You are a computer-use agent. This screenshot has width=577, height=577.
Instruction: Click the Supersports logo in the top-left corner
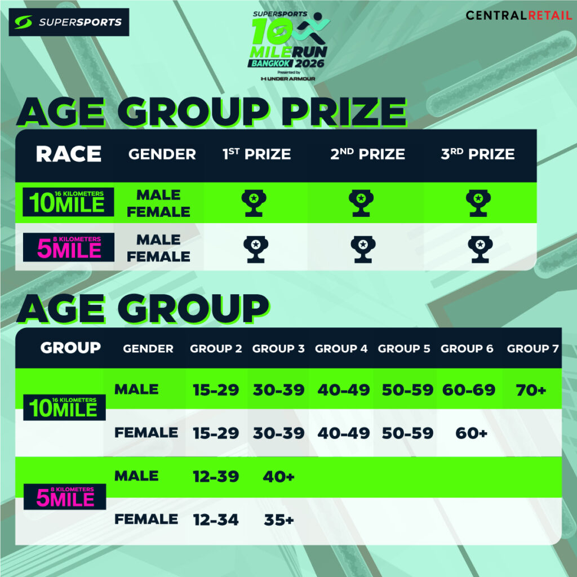coord(69,22)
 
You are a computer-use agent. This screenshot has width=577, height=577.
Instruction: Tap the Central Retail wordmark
coord(519,15)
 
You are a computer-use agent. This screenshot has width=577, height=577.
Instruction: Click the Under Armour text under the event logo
coord(288,79)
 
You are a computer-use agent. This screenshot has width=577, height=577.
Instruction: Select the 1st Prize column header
coord(256,154)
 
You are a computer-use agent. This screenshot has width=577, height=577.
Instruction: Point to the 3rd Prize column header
coord(478,154)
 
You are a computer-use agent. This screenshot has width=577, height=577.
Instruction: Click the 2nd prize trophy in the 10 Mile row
coord(361,203)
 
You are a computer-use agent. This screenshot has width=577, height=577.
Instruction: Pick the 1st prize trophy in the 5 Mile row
coord(256,250)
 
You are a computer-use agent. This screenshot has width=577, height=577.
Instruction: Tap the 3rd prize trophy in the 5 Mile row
coord(480,250)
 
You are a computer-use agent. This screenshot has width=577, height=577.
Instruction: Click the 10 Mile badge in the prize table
coord(68,202)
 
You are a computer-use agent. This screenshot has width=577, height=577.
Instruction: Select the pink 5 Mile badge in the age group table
coord(65,497)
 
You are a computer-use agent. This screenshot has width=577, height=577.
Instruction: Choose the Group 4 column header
coord(341,348)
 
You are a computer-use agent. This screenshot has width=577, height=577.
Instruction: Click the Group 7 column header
coord(532,348)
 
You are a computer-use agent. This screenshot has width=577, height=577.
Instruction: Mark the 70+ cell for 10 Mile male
coord(531,390)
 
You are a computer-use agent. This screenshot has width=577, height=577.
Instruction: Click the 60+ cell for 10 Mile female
coord(472,433)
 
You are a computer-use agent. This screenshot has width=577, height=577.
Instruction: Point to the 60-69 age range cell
coord(469,390)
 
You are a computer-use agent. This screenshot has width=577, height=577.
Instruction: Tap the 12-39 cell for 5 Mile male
coord(216,477)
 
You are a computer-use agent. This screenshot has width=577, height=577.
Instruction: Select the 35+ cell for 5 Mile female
coord(278,520)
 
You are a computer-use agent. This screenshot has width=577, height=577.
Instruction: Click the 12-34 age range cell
coord(216,520)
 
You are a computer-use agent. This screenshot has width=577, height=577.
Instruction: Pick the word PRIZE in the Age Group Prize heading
coord(344,112)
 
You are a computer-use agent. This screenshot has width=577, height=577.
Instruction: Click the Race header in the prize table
coord(68,154)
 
